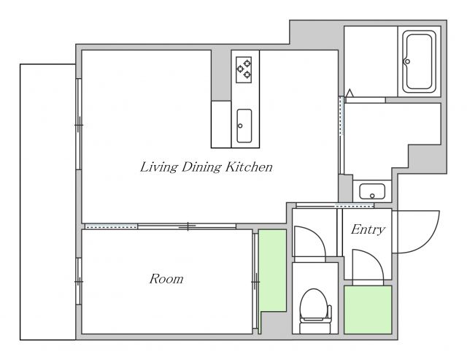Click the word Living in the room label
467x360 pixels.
point(158,167)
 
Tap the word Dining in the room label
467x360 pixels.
point(201,167)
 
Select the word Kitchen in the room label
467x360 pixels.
point(249,166)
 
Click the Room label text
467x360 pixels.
point(166,279)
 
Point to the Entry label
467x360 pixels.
point(368,229)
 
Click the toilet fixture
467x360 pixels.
point(315,310)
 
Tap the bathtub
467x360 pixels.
point(419,61)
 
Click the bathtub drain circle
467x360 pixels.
point(407,61)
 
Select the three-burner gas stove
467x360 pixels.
point(244,69)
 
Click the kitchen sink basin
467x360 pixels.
point(244,126)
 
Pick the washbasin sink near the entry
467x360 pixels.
point(372,191)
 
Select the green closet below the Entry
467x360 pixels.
point(368,310)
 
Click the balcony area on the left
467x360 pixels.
point(47,202)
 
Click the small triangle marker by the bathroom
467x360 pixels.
point(350,93)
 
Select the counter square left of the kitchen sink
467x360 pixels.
point(221,124)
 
